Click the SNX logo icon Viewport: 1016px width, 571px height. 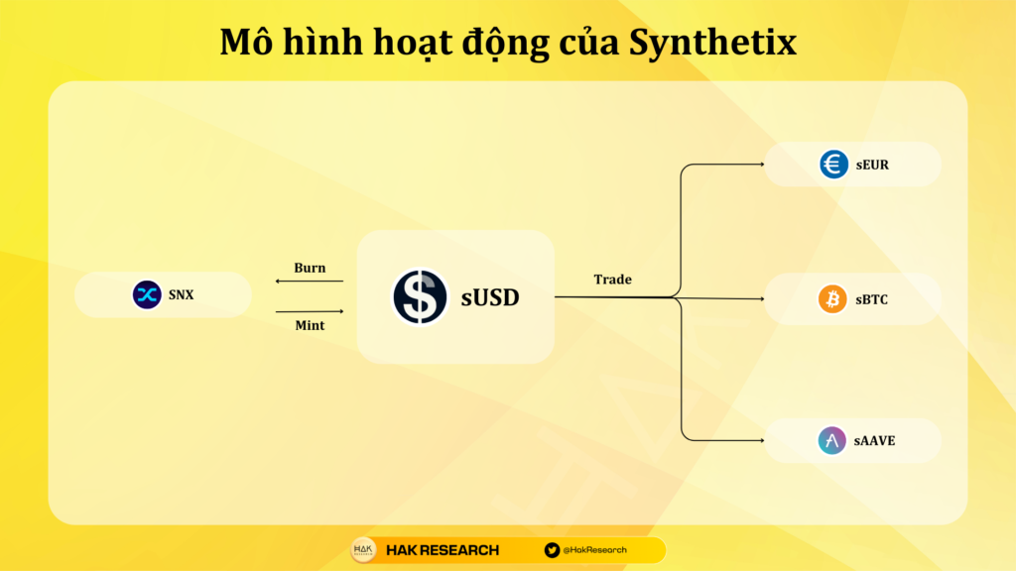pos(147,294)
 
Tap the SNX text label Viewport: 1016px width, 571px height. pos(181,295)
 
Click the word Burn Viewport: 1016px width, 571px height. pos(310,268)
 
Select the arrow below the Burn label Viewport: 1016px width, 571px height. pos(310,281)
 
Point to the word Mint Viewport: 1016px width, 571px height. pos(310,325)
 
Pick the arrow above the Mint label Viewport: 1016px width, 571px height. pos(310,311)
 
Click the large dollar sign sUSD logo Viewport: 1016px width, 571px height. pos(420,296)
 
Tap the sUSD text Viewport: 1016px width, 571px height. pos(490,297)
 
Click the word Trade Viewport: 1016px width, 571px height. pos(612,279)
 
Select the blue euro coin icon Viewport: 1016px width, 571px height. pos(833,164)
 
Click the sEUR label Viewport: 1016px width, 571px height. pos(872,166)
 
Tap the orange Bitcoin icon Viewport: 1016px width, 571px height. pos(832,299)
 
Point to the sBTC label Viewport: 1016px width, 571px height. pos(871,299)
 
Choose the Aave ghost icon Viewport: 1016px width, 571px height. pos(832,441)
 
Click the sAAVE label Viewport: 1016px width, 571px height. pos(874,441)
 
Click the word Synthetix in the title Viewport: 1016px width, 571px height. pos(712,43)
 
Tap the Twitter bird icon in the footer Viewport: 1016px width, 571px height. pos(552,550)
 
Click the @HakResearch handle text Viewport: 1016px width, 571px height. pos(595,550)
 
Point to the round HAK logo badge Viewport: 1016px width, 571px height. pos(363,550)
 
